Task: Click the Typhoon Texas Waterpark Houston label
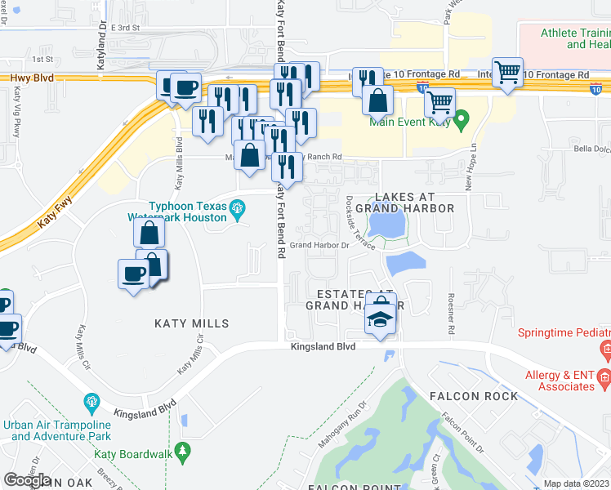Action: point(177,212)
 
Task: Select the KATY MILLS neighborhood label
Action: point(192,323)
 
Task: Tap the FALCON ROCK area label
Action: point(473,396)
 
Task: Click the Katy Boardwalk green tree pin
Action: point(184,450)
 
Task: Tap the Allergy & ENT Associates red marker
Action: point(605,378)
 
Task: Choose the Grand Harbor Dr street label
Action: point(319,245)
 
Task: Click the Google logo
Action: point(27,480)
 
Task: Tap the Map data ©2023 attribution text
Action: point(577,483)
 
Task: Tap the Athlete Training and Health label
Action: point(576,38)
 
